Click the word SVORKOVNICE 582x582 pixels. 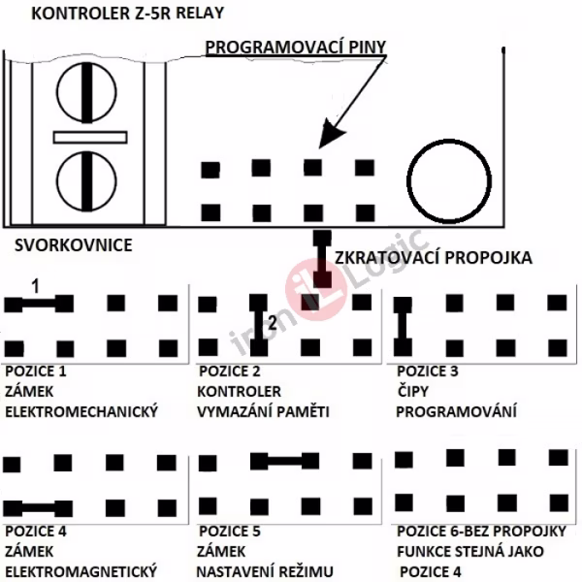point(74,245)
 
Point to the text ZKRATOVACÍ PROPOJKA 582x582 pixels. point(433,259)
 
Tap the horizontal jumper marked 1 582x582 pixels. point(39,304)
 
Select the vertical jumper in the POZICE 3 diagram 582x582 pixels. point(401,325)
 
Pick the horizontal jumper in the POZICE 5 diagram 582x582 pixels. point(284,460)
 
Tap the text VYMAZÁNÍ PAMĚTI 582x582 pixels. point(263,411)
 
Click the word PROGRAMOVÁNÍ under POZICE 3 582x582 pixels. point(456,411)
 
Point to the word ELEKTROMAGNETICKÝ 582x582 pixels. point(81,571)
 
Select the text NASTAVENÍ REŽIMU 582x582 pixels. point(265,571)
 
